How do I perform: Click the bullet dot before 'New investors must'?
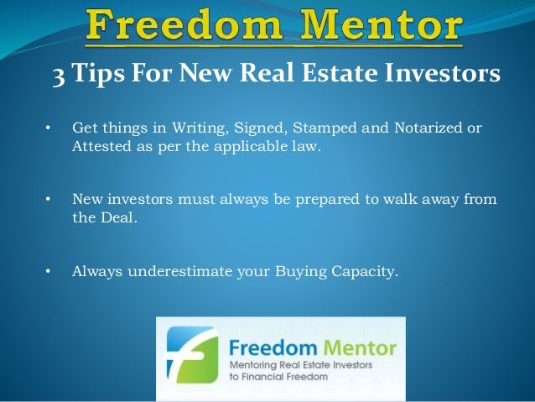pos(48,200)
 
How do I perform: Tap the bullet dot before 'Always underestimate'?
pos(48,271)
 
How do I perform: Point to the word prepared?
pos(323,200)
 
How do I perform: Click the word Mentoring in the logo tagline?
pos(262,367)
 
